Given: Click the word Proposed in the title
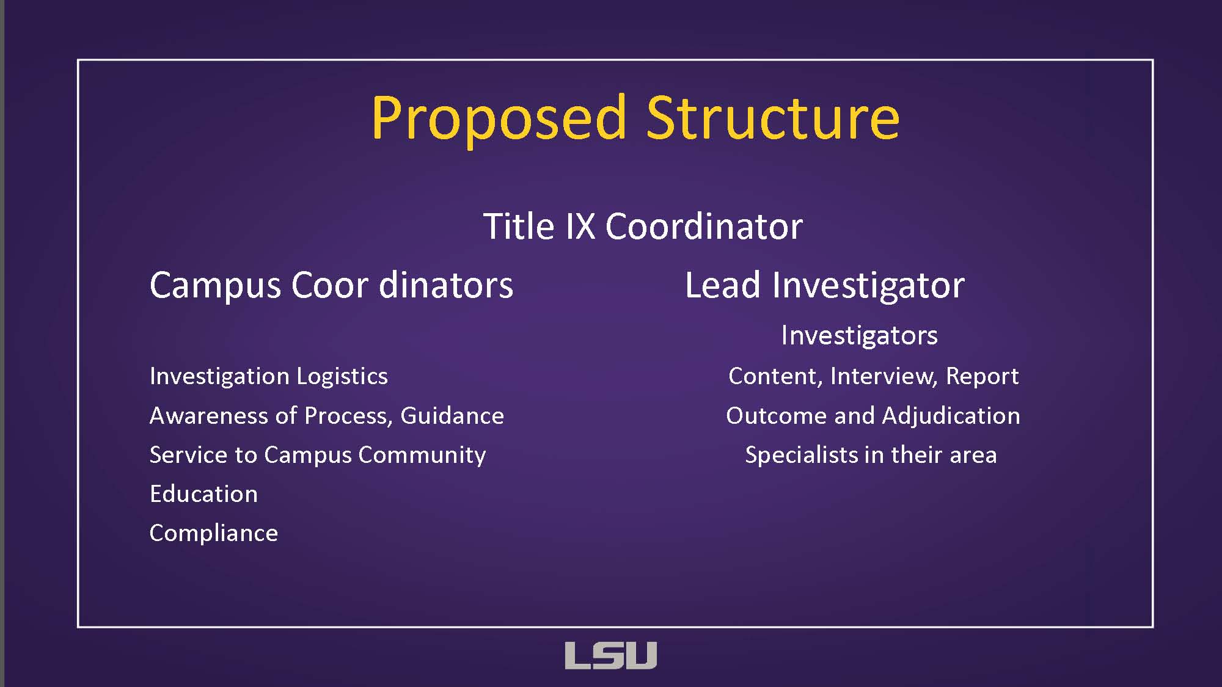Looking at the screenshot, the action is click(x=499, y=118).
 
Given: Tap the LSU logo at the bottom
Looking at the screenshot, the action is click(x=610, y=655).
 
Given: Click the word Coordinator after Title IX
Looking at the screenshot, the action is click(x=704, y=226).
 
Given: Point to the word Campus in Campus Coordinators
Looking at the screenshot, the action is click(x=215, y=286).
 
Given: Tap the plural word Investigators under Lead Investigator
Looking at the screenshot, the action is click(x=859, y=336).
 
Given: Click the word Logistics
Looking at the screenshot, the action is click(x=342, y=377).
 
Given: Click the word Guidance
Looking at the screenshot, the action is click(x=452, y=416).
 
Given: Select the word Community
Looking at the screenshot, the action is click(x=422, y=456).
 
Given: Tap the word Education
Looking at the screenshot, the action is click(x=203, y=494).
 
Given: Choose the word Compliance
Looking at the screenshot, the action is click(x=214, y=534).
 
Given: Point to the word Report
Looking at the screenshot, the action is click(x=982, y=377).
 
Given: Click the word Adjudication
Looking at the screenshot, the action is click(x=951, y=416).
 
